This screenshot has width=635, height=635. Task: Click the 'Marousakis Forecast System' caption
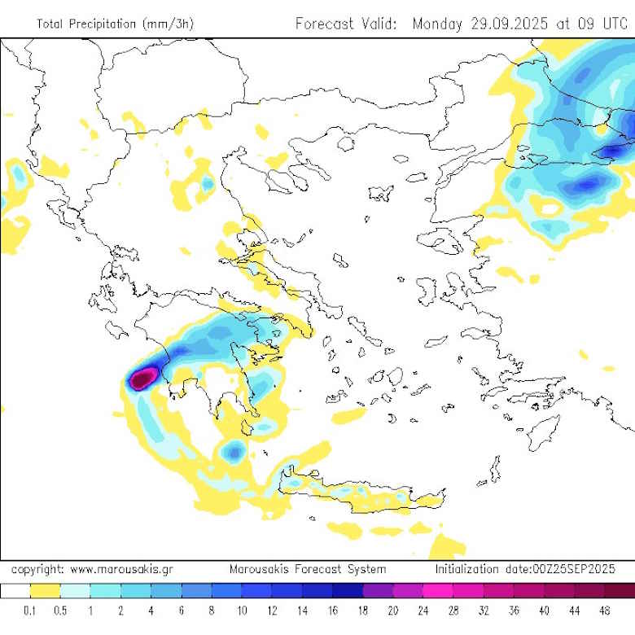pos(307,569)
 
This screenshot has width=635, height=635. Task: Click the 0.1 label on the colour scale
pos(30,610)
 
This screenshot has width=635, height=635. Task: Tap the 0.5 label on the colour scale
pos(60,610)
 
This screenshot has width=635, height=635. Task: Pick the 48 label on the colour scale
pos(604,610)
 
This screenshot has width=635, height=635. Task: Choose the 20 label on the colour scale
pos(392,610)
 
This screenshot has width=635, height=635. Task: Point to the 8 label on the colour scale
pos(212,610)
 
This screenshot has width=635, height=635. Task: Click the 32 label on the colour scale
pos(484,610)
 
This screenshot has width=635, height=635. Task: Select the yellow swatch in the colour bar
pos(46,591)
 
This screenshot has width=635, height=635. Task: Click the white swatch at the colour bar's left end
pos(15,591)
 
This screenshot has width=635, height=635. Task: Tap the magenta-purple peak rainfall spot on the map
pos(144,377)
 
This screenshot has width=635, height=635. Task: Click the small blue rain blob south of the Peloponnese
pos(234,449)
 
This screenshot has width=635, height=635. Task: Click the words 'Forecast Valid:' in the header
pos(346,24)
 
